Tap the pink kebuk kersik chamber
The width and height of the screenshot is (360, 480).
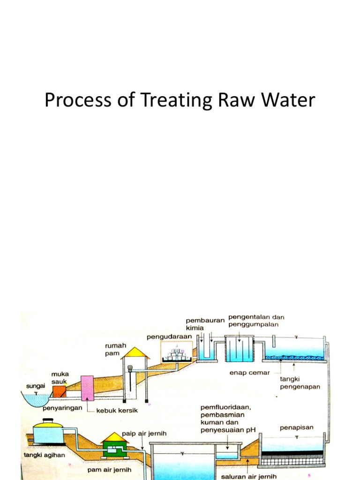pyautogui.click(x=88, y=388)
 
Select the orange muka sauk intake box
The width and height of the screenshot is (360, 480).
pyautogui.click(x=59, y=391)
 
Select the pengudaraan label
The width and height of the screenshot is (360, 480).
pyautogui.click(x=169, y=337)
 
